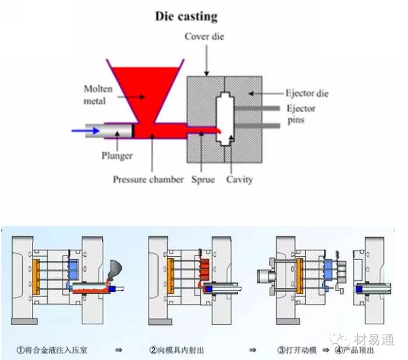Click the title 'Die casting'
click(x=186, y=16)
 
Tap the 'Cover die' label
click(x=205, y=36)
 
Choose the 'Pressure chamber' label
click(x=149, y=180)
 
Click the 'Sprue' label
click(x=204, y=180)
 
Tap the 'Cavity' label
click(x=239, y=180)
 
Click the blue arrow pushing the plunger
click(x=85, y=131)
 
